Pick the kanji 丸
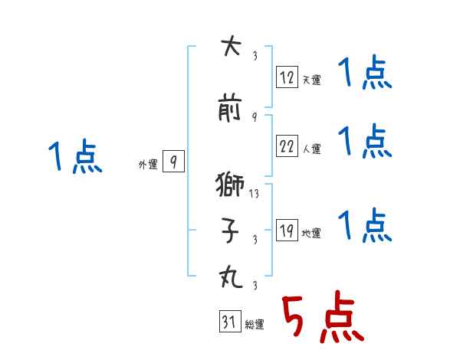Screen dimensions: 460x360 coord(230,277)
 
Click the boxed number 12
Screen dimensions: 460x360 coord(287,77)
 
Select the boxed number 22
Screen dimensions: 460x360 coord(287,146)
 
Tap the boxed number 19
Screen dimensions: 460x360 coord(287,231)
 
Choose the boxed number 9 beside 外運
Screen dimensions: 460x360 coord(173,162)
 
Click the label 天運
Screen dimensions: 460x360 coord(312,80)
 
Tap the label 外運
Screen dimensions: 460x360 coord(148,164)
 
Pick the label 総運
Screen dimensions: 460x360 coord(255,326)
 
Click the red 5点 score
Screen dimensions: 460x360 coord(323,318)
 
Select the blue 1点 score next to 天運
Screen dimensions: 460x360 coord(365,75)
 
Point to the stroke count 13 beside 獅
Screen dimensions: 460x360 coord(255,194)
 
